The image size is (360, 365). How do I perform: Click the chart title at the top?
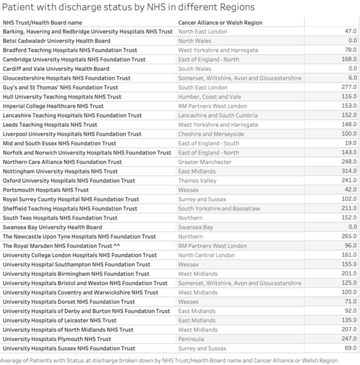pos(128,7)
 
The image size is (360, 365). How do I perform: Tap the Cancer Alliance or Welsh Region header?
pos(220,23)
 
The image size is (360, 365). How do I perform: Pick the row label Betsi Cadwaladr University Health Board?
pos(57,41)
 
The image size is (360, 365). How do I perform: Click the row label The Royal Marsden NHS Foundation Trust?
pos(58,246)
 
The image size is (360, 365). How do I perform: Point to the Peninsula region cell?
pos(192,339)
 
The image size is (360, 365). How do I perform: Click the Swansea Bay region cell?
pos(196,227)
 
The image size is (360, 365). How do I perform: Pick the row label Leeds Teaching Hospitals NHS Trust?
pos(50,125)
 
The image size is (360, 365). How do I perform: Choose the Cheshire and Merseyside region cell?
pos(211,134)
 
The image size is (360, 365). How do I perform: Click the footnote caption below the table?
pos(169,360)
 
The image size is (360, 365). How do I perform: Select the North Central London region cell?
pos(207,255)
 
